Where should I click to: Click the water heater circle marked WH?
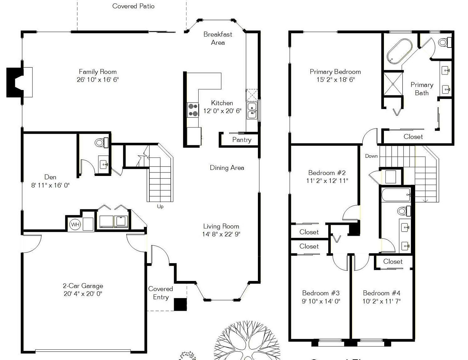pos(75,224)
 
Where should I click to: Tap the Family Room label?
pos(98,72)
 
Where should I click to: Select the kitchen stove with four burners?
pos(193,110)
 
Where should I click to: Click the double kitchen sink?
pos(252,110)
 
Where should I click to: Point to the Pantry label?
pos(241,140)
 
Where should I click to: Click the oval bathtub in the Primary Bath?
pos(399,51)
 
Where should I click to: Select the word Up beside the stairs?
pos(160,206)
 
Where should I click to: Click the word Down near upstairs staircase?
pos(371,156)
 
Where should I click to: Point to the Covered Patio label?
pos(133,6)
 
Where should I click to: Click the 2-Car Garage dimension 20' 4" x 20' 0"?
pos(83,294)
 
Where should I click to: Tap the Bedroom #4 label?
pos(381,293)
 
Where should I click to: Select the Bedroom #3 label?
pos(321,293)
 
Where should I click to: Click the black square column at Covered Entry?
pos(180,304)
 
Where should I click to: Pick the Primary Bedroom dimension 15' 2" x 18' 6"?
pos(335,80)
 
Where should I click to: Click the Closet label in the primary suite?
pos(413,137)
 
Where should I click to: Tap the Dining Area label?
pos(227,168)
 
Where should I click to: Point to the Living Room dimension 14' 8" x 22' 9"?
pos(221,234)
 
